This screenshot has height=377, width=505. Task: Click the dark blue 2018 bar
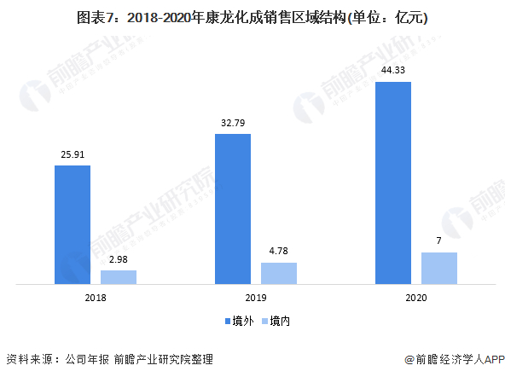click(73, 223)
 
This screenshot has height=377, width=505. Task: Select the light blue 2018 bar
click(118, 276)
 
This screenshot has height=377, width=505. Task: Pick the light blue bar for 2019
click(279, 273)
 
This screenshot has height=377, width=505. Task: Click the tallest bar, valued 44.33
click(393, 182)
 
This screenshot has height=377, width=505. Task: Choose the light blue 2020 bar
click(439, 267)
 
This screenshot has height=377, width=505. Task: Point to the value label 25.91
click(73, 155)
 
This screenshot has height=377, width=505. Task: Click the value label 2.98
click(119, 260)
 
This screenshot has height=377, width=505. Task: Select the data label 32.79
click(233, 124)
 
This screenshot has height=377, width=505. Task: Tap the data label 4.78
click(279, 252)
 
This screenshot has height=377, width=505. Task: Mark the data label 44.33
click(393, 72)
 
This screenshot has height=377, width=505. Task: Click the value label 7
click(439, 241)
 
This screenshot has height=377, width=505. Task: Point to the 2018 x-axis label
click(96, 298)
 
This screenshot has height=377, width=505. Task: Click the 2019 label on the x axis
click(256, 298)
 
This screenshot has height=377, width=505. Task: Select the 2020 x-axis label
click(416, 298)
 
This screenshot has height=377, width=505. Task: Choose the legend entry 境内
click(275, 322)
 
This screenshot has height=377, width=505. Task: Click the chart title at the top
click(252, 16)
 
